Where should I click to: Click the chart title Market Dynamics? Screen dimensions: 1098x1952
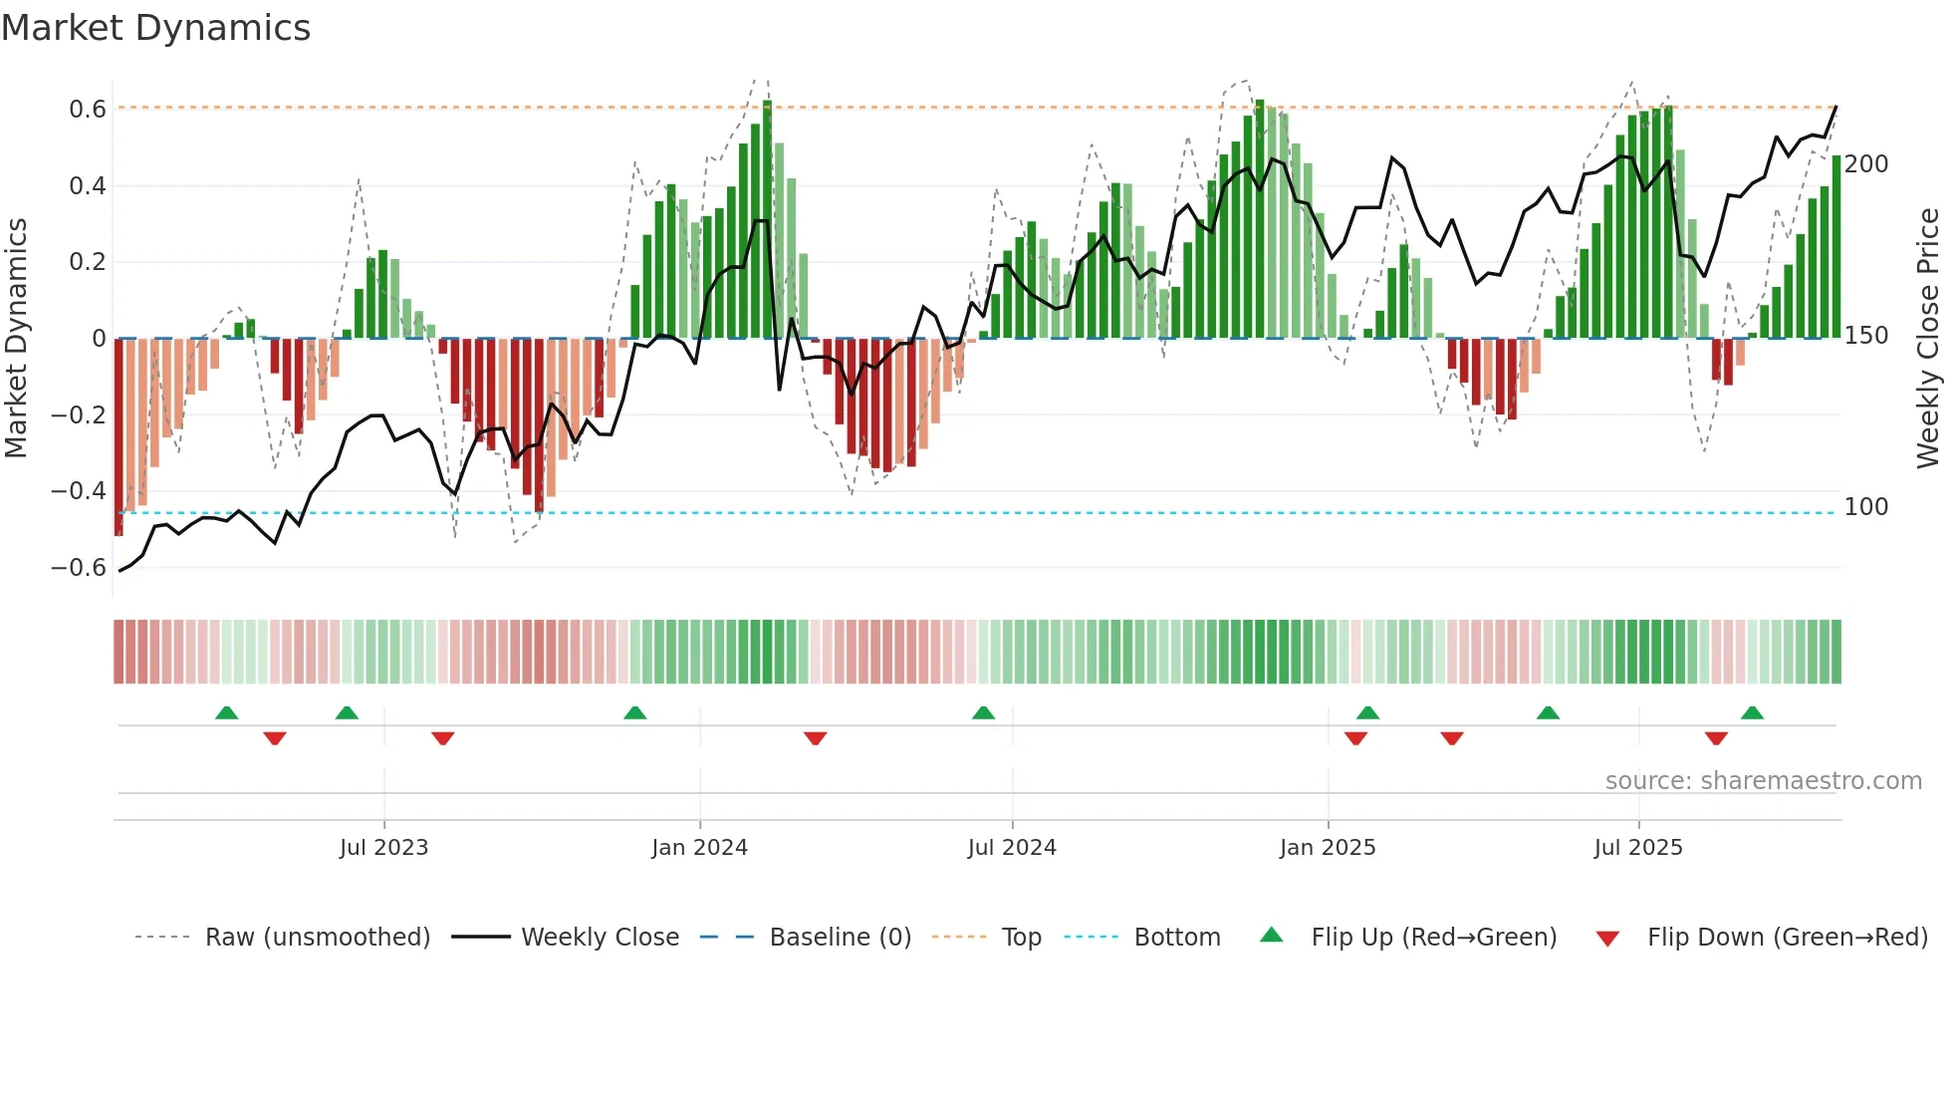156,28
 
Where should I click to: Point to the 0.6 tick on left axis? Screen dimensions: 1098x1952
88,109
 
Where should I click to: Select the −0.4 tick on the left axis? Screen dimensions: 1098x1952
79,490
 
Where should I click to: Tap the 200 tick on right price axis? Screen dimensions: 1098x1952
1865,163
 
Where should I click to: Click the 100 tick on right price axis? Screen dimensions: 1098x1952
1865,506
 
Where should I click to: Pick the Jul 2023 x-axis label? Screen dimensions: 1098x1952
383,847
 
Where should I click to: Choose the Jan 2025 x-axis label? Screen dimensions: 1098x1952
1327,847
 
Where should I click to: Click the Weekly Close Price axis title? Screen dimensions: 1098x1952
1928,339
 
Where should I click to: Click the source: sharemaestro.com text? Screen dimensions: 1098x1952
1763,780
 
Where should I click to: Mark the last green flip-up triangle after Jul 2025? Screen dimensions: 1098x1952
1752,712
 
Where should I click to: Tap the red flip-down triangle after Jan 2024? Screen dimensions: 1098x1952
815,738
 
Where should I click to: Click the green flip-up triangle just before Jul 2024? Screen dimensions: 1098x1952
983,712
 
